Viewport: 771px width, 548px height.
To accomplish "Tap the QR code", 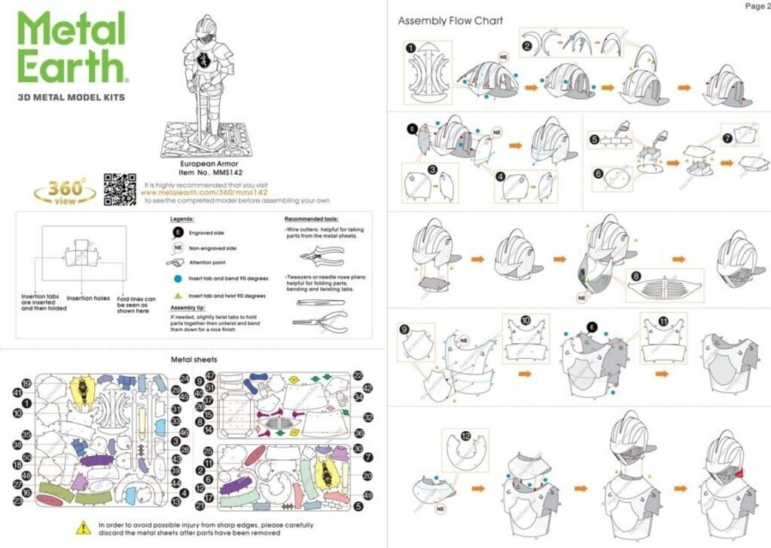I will (x=118, y=189).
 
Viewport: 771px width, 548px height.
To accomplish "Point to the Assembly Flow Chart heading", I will (x=450, y=20).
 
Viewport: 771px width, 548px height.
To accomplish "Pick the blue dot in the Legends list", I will (x=178, y=278).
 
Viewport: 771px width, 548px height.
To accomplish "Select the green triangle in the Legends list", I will (x=178, y=296).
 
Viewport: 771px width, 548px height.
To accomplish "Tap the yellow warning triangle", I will (x=85, y=528).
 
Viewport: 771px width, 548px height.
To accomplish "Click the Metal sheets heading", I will (x=195, y=360).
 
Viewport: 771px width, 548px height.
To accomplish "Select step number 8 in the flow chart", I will (x=636, y=277).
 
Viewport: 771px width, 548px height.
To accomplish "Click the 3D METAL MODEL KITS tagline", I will (x=71, y=97).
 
